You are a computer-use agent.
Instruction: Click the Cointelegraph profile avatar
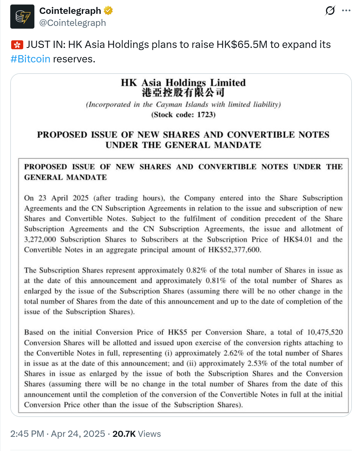click(22, 17)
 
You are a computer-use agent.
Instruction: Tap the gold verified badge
click(108, 11)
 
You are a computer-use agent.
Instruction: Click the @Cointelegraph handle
click(72, 23)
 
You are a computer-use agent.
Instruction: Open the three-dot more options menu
click(346, 11)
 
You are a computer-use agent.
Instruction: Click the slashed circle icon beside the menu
click(330, 11)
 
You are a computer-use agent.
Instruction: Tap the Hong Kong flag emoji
click(17, 45)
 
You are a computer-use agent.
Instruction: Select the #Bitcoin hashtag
click(30, 59)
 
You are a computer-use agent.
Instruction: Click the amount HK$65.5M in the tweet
click(242, 45)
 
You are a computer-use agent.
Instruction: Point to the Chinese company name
click(183, 93)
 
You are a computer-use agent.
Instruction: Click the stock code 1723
click(206, 115)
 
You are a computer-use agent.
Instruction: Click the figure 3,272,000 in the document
click(40, 239)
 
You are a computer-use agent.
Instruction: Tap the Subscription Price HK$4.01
click(298, 239)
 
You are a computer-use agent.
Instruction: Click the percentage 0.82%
click(196, 270)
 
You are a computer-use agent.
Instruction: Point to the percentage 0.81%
click(216, 281)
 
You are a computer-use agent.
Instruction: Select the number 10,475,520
click(325, 332)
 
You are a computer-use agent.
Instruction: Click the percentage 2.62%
click(233, 353)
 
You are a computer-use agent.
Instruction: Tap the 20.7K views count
click(124, 434)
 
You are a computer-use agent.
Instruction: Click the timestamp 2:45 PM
click(27, 434)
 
